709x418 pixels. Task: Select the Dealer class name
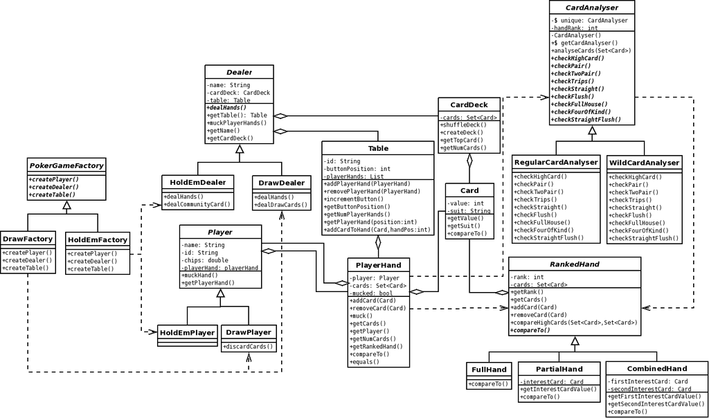pyautogui.click(x=239, y=72)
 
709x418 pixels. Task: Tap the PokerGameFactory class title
pyautogui.click(x=66, y=166)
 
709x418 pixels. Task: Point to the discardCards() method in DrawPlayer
pyautogui.click(x=249, y=347)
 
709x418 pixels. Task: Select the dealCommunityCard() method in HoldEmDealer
pyautogui.click(x=197, y=204)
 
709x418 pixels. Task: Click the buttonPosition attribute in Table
pyautogui.click(x=357, y=169)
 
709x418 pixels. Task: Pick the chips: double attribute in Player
pyautogui.click(x=205, y=260)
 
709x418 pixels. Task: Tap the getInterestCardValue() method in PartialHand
pyautogui.click(x=559, y=389)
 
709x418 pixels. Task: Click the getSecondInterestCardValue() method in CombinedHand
pyautogui.click(x=656, y=404)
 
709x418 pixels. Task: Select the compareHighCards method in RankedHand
pyautogui.click(x=574, y=322)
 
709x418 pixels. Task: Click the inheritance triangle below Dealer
pyautogui.click(x=240, y=149)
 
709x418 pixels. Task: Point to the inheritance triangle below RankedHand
pyautogui.click(x=575, y=340)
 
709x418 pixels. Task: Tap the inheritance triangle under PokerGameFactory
pyautogui.click(x=67, y=205)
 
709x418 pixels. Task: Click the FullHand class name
pyautogui.click(x=489, y=370)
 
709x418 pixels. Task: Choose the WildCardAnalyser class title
pyautogui.click(x=644, y=163)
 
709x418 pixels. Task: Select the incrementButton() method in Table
pyautogui.click(x=353, y=199)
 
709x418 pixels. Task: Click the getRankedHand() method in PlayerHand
pyautogui.click(x=376, y=347)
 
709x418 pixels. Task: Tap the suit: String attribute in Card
pyautogui.click(x=469, y=211)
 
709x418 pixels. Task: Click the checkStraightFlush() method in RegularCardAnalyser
pyautogui.click(x=548, y=237)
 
